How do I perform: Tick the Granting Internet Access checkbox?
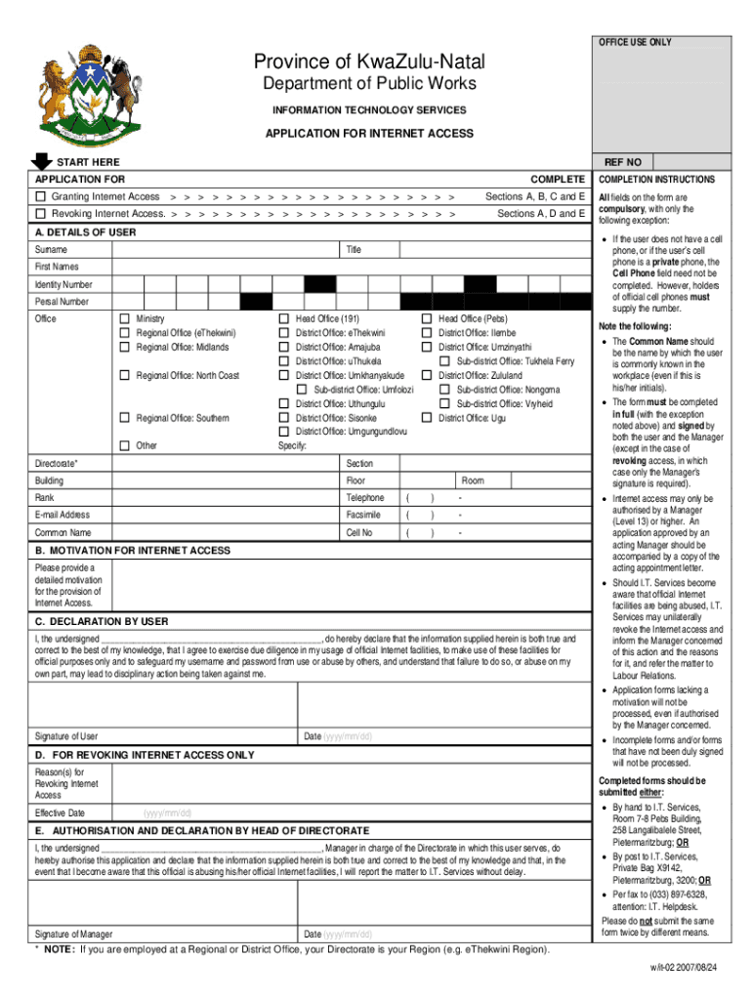40,197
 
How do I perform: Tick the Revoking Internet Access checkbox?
40,213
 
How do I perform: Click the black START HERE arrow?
42,161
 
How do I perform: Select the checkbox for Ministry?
124,319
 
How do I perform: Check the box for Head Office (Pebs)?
427,319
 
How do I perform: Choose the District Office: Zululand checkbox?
427,375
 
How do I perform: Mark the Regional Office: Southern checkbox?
124,418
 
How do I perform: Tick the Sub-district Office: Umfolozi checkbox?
302,390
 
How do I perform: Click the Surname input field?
225,250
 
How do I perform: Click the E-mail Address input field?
225,515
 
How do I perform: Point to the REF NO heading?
622,161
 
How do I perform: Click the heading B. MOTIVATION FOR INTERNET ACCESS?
133,551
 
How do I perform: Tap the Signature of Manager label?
73,933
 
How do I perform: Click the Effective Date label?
61,812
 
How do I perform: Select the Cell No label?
358,533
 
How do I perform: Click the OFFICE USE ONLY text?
635,43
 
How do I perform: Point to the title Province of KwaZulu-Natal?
368,62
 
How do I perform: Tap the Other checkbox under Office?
124,445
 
